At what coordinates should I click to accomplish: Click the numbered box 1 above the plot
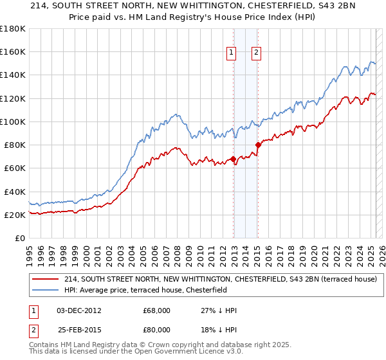click(231, 53)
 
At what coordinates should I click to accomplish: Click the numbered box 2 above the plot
click(256, 53)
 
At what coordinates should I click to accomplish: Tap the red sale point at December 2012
click(233, 159)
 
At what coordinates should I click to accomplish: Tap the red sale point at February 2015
click(258, 145)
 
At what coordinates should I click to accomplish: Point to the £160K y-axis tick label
click(13, 51)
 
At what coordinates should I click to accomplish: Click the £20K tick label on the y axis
click(15, 215)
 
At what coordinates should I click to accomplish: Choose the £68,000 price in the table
click(157, 310)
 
